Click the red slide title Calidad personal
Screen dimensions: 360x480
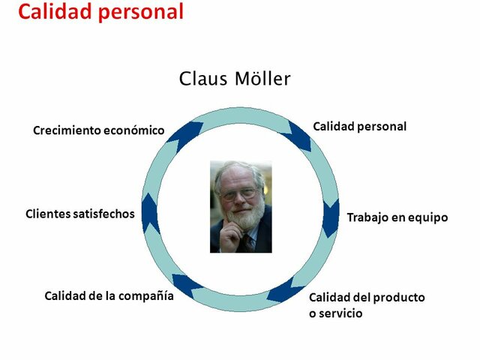pos(100,13)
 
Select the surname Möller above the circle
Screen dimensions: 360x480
pos(261,79)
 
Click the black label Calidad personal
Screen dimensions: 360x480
pos(359,127)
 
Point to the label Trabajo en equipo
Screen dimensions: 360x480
pos(397,217)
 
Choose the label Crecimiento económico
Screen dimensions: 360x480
pos(98,130)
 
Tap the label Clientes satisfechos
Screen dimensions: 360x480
pos(79,214)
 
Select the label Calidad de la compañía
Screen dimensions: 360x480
pos(109,295)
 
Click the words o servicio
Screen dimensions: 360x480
pos(335,313)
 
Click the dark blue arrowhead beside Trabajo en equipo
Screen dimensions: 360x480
pos(331,217)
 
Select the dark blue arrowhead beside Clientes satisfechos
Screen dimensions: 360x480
pos(150,214)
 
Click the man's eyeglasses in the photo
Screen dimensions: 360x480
pos(238,193)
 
